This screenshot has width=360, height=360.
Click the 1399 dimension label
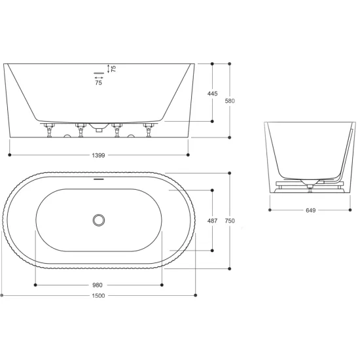98,155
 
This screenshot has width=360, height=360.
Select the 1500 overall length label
98,296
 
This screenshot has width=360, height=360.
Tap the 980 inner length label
98,285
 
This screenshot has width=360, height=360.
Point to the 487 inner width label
212,221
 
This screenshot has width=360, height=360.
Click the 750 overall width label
230,221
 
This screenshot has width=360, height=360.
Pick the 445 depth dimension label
212,94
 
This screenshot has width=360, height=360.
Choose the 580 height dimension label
230,101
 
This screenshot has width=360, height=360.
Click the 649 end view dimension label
311,210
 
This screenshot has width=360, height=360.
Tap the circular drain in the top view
99,221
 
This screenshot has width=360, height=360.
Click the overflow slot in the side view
99,73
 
